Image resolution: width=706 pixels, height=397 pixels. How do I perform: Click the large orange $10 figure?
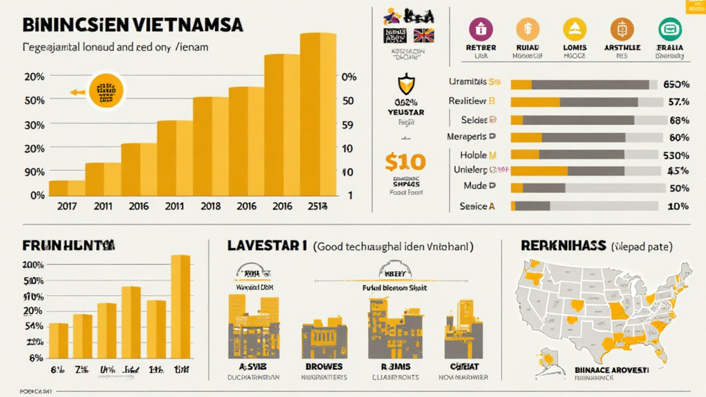point(406,163)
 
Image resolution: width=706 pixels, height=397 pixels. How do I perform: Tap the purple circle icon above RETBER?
point(481,30)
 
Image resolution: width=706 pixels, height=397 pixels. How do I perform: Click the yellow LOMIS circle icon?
point(574,30)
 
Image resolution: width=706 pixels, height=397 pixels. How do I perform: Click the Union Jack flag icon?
point(423,36)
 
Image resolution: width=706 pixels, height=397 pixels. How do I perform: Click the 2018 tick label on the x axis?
point(210,205)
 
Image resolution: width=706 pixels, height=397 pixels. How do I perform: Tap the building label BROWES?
point(324,367)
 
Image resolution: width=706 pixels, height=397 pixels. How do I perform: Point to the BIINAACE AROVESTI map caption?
point(611,370)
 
